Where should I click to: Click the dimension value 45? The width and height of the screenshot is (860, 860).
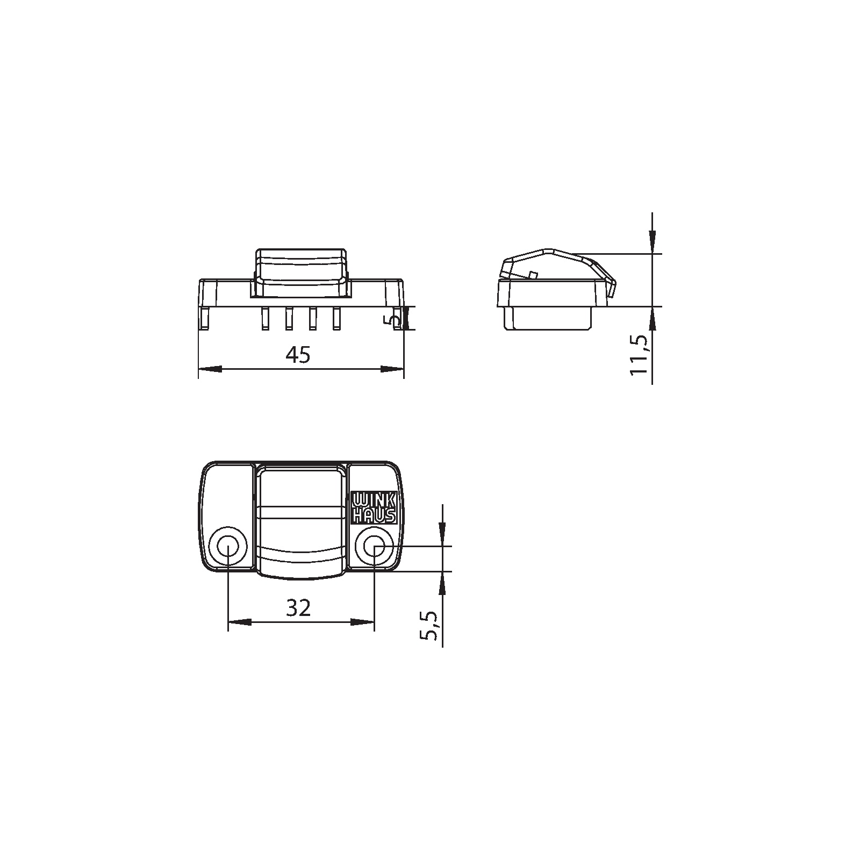[298, 355]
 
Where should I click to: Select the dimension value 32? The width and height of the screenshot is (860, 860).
[298, 608]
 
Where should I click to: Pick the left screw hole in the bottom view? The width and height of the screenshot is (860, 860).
[228, 548]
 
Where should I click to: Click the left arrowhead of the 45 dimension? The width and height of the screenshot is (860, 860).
[210, 369]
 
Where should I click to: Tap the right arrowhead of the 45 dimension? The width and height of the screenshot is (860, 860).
[392, 369]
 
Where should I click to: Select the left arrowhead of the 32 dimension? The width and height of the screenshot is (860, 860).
[240, 622]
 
